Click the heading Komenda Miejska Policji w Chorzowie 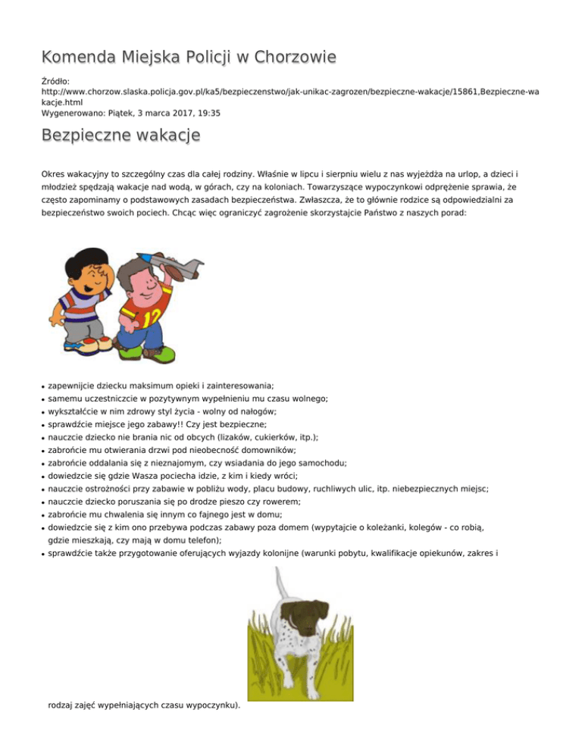[189, 58]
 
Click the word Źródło [56, 79]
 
